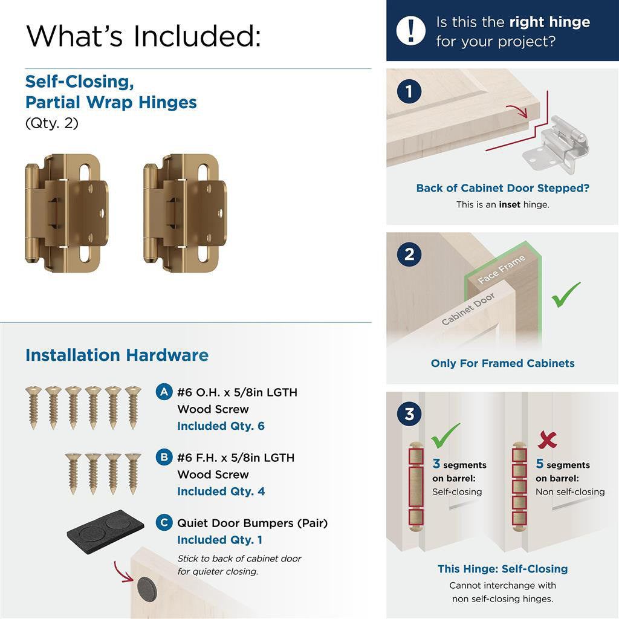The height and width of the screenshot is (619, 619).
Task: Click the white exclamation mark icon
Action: click(411, 30)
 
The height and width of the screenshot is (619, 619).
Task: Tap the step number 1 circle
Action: click(409, 92)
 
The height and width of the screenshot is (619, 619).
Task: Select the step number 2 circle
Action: click(409, 254)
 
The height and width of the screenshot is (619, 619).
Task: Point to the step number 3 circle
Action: click(409, 415)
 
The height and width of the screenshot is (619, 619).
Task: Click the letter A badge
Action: click(163, 392)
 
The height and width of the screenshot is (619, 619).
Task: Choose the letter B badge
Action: click(163, 457)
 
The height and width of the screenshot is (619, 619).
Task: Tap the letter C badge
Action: click(163, 522)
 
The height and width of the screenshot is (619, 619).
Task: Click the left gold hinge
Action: click(66, 213)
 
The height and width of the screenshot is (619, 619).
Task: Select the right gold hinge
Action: click(185, 213)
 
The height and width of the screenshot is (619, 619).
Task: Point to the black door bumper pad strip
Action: click(105, 530)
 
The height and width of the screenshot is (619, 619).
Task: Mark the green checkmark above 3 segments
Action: click(446, 435)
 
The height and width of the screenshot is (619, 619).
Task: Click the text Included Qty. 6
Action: click(221, 426)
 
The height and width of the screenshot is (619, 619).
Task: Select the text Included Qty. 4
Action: click(221, 491)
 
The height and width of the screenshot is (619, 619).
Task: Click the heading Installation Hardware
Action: click(117, 355)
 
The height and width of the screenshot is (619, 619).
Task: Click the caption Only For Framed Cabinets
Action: click(502, 363)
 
